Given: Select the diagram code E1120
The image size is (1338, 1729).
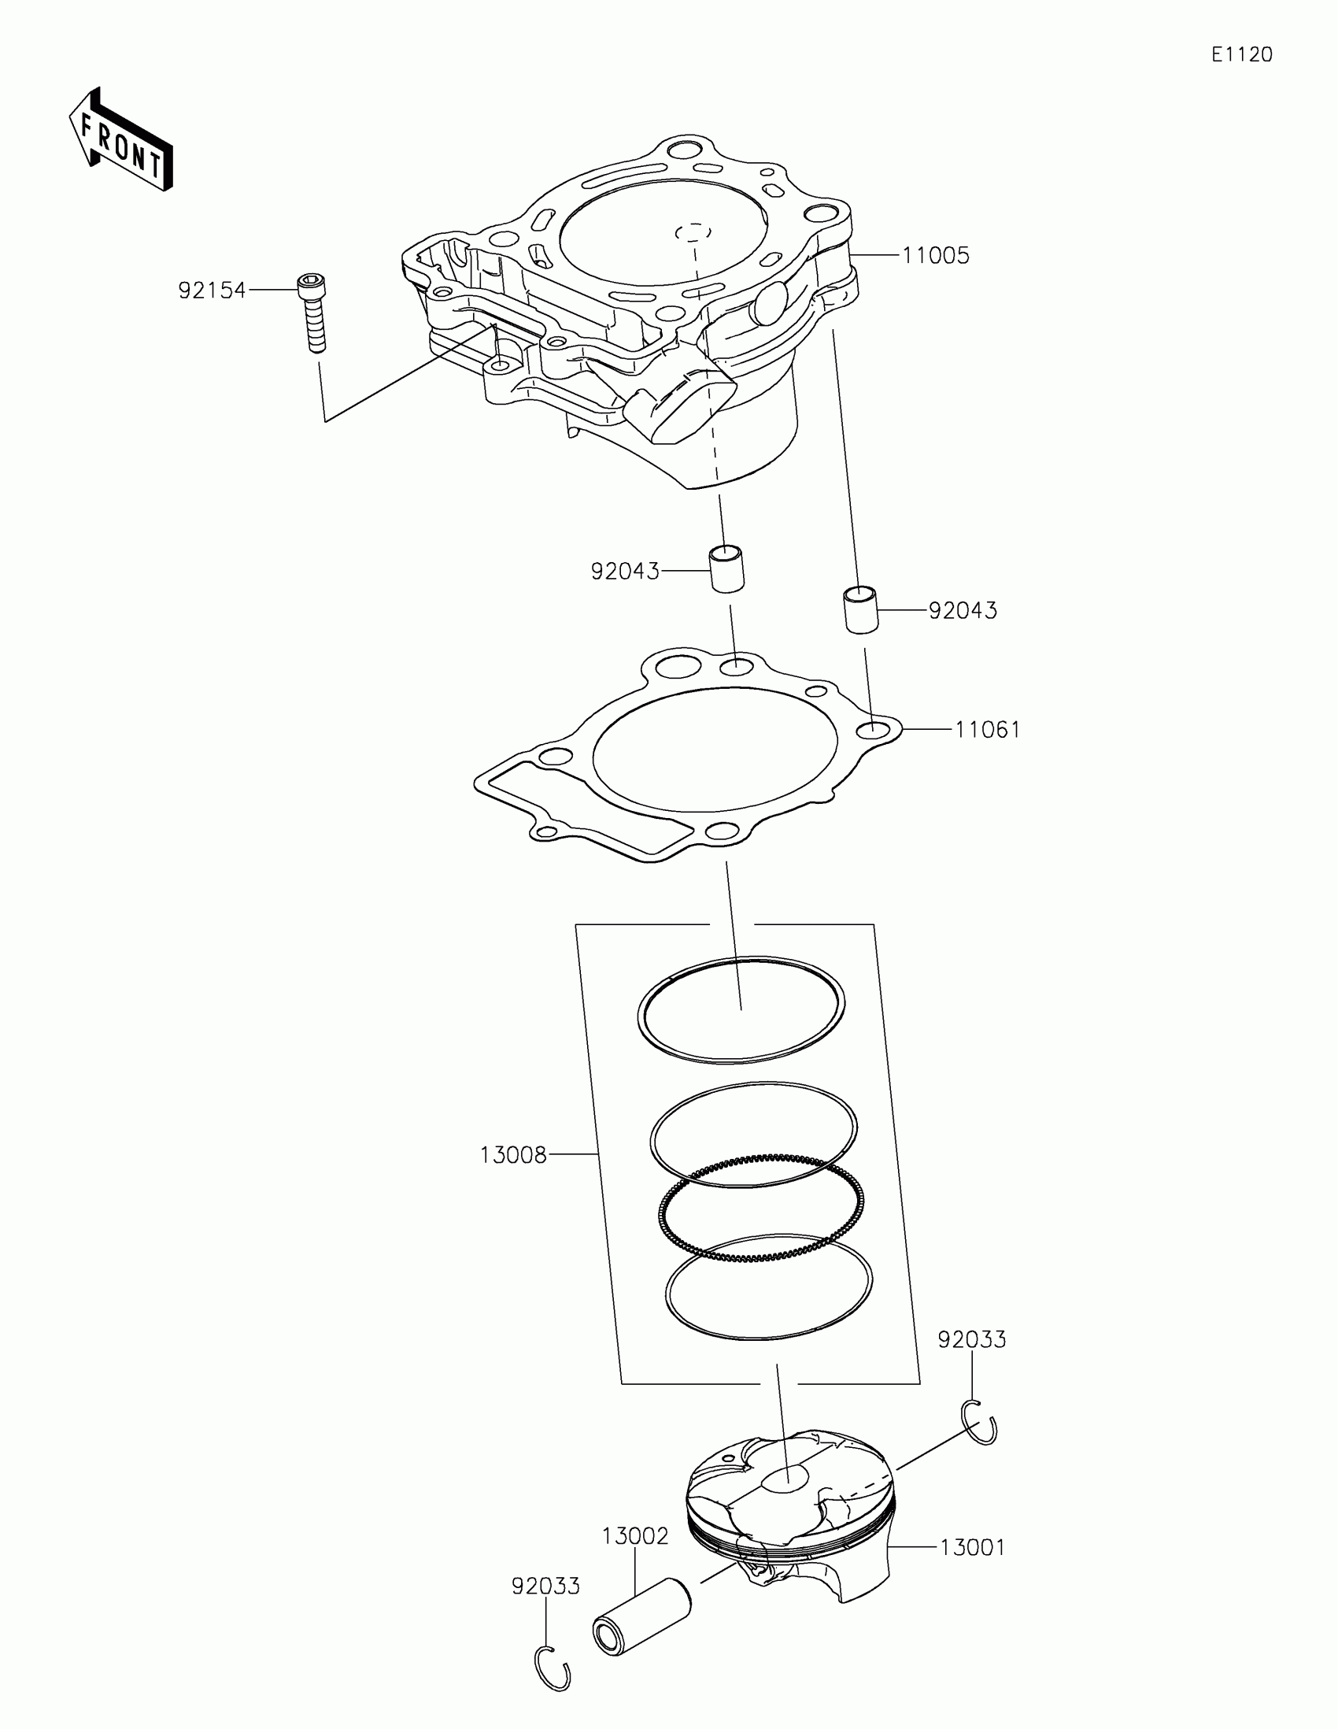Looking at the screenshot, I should click(x=1241, y=54).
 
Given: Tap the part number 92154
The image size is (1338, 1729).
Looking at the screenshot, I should click(x=211, y=291).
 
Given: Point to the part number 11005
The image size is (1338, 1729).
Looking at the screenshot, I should click(x=936, y=256).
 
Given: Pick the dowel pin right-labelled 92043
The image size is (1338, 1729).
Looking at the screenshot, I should click(x=859, y=609).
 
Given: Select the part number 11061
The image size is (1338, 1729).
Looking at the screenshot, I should click(x=988, y=729).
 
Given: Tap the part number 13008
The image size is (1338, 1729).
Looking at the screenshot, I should click(x=512, y=1155).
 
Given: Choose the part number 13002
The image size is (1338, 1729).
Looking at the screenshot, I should click(x=634, y=1537).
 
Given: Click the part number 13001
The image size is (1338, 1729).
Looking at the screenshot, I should click(x=973, y=1547).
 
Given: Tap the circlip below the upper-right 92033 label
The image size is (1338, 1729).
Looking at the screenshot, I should click(x=981, y=1422).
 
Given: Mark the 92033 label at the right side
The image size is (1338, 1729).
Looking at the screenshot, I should click(x=972, y=1339).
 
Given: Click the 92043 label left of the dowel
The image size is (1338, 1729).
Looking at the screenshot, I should click(x=624, y=571).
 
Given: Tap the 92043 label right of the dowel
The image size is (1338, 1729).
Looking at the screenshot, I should click(x=962, y=610).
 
